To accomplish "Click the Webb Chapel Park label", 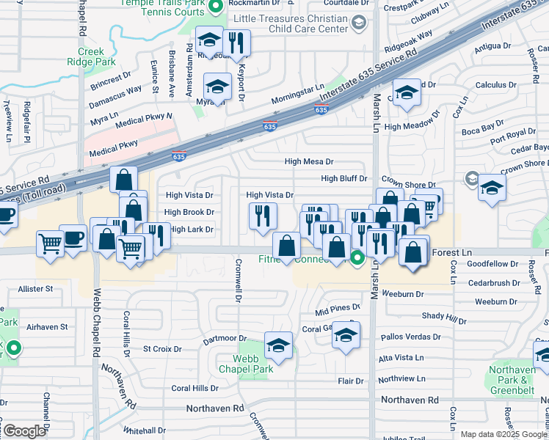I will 253,364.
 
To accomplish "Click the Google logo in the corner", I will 24,431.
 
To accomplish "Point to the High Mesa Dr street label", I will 309,162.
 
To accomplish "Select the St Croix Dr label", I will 162,349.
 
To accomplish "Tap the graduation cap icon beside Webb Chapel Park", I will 278,345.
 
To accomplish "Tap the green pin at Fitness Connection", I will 357,257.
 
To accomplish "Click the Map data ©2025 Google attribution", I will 503,434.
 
